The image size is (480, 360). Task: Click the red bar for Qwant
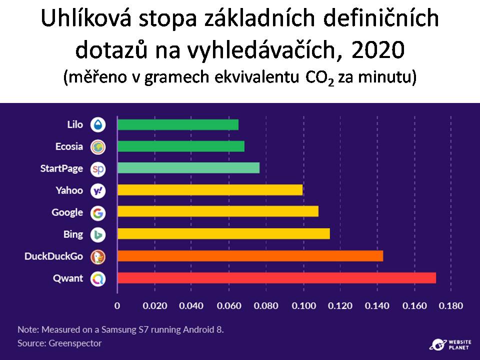click(x=276, y=278)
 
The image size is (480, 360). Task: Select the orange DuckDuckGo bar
click(x=250, y=256)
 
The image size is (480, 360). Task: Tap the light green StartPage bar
click(x=188, y=168)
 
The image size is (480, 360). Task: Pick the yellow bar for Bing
click(x=224, y=234)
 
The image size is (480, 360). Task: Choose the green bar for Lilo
click(x=178, y=124)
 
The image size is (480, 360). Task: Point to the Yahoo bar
click(x=210, y=190)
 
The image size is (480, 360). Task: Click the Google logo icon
click(x=98, y=213)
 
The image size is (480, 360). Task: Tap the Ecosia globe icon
click(x=98, y=146)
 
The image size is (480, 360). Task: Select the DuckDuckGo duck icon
click(x=98, y=257)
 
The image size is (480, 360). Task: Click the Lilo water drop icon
click(x=98, y=124)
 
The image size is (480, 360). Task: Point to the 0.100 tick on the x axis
click(x=303, y=305)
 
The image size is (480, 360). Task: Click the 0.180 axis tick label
click(x=450, y=305)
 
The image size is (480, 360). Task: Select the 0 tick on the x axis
click(x=117, y=305)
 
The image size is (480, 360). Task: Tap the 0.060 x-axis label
click(x=229, y=305)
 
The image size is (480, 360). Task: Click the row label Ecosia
click(x=69, y=146)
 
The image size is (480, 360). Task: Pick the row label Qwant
click(x=68, y=278)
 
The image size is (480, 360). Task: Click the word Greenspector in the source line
click(x=75, y=343)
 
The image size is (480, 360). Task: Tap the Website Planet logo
click(x=450, y=344)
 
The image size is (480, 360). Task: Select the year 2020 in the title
click(x=378, y=49)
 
